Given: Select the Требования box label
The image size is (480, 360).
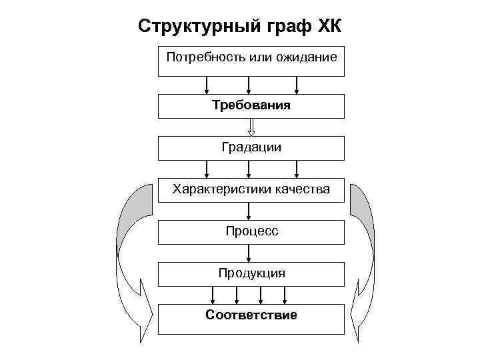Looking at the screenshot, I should point(251,105).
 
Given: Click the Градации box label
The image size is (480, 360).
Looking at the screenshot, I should point(251,147).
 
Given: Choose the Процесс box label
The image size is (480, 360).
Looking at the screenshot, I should point(251,231).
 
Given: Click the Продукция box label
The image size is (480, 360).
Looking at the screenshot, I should point(251,273).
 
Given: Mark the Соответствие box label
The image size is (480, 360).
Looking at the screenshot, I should point(251,315).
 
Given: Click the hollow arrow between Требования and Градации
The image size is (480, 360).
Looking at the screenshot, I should point(251,127).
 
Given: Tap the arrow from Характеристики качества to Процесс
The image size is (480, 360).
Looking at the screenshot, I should point(249,211).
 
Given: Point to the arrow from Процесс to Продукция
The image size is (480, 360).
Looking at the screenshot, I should point(249,253).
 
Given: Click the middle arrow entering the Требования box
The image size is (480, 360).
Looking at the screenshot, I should point(249,85).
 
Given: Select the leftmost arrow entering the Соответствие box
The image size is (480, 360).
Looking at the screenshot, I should point(213,295).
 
